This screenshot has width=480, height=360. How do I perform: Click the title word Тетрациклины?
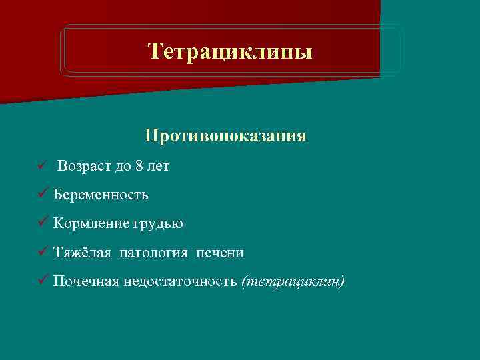tap(230, 51)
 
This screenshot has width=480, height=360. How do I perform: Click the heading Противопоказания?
tap(225, 136)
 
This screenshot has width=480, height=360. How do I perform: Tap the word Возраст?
tap(84, 166)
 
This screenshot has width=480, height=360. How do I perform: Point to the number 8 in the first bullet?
tap(138, 166)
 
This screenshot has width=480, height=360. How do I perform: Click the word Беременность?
tap(101, 195)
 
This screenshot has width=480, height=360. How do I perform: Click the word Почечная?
tap(86, 281)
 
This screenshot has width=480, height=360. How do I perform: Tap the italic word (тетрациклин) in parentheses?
tap(293, 281)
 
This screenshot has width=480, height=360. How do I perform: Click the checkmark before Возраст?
tap(42, 166)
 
